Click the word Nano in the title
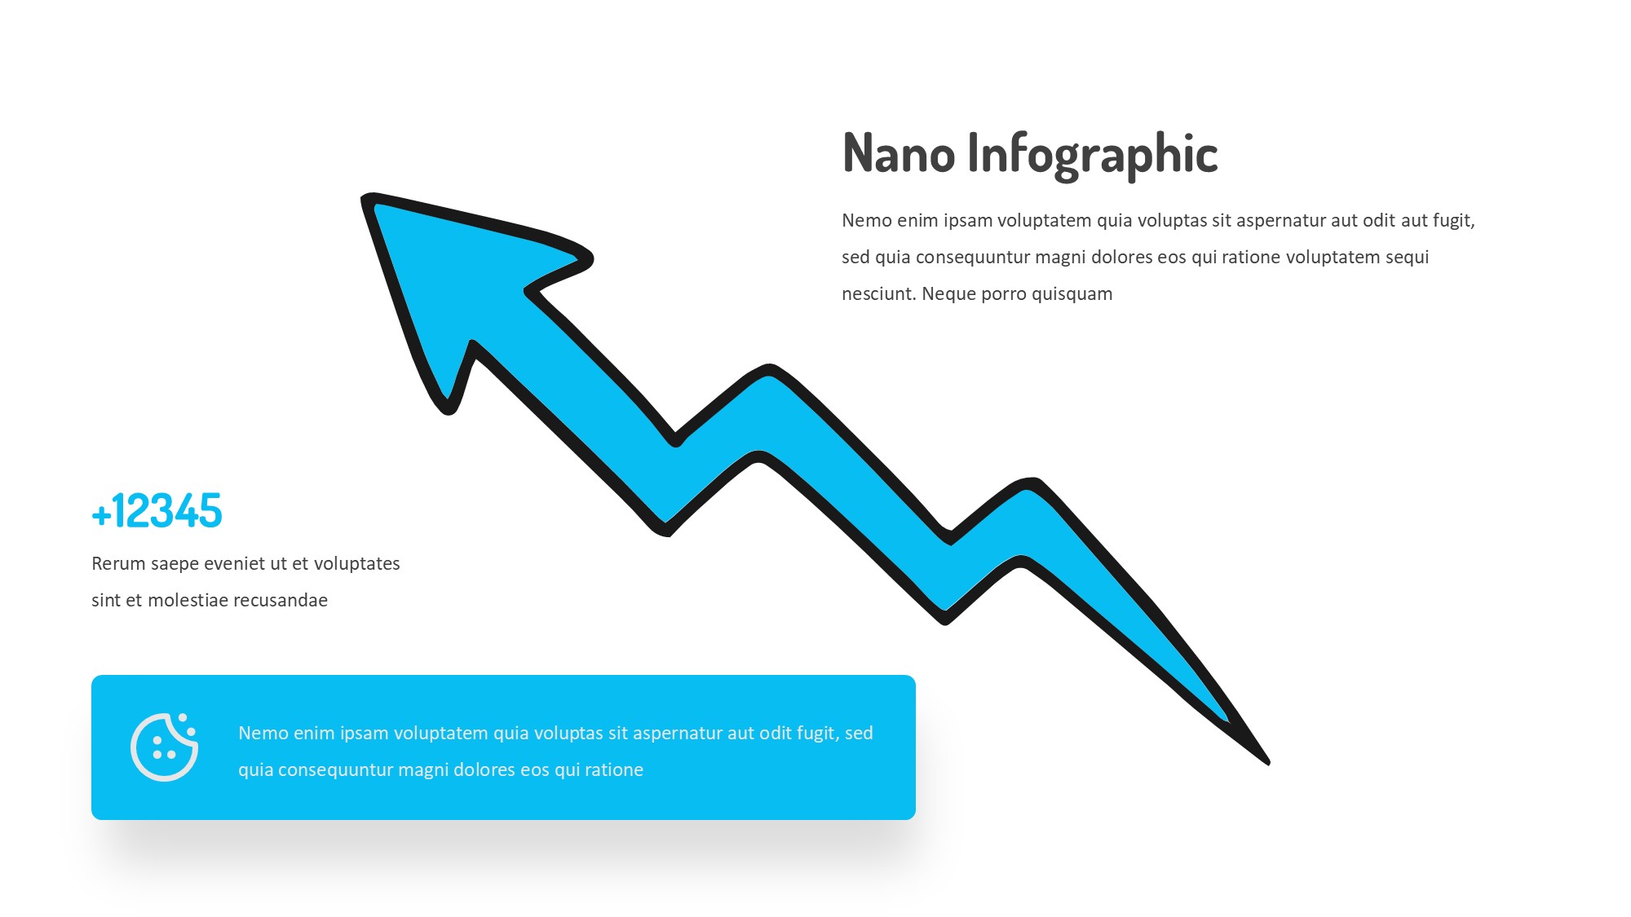click(x=899, y=153)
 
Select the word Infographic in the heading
click(x=1093, y=155)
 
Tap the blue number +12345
click(x=157, y=511)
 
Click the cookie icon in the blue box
click(x=164, y=747)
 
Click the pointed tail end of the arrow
click(x=1267, y=762)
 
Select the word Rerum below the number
click(x=118, y=563)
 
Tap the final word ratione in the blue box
click(x=613, y=769)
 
